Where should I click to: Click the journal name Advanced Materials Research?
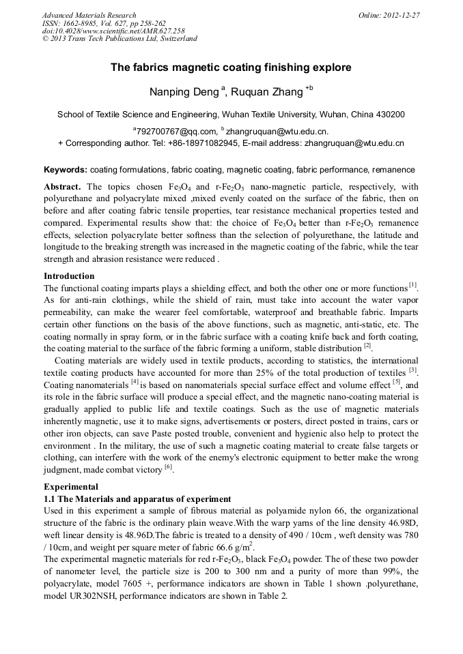coord(89,15)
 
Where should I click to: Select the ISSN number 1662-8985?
coord(81,23)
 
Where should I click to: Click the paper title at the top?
coord(231,68)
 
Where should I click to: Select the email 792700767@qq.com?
coord(175,131)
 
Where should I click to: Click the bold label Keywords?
coord(66,169)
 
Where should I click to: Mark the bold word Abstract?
coord(63,186)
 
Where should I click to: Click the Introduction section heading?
coord(69,276)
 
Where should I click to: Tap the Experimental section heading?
coord(71,487)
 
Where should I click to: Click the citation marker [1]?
coord(412,286)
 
